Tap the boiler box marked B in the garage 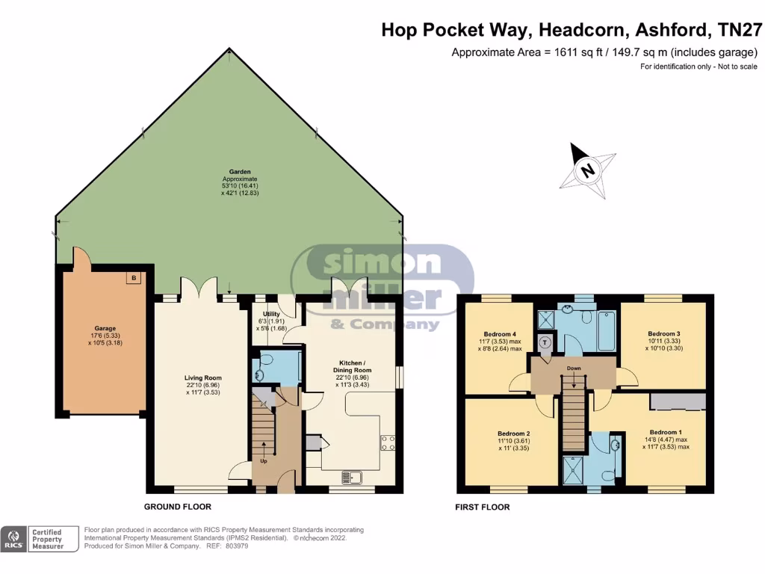coord(134,278)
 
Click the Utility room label coord(271,314)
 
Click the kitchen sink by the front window coord(351,477)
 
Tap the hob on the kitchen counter coord(388,442)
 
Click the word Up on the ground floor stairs coord(263,460)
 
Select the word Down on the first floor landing coord(574,368)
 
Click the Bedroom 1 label coord(664,432)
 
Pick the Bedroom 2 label coord(513,433)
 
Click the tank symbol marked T coord(545,343)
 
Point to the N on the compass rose coord(589,170)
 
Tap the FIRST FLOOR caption coord(483,507)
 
